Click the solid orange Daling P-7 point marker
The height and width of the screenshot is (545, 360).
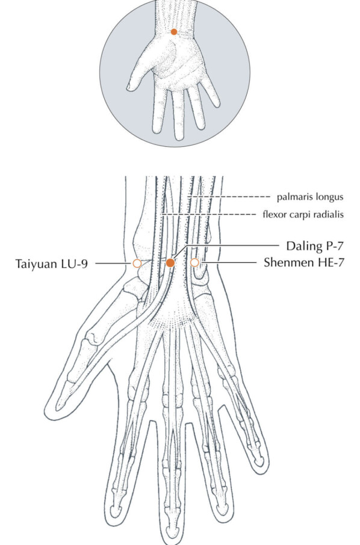click(170, 263)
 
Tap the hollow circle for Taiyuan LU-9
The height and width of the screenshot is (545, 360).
click(137, 263)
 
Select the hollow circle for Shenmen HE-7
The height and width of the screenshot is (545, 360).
click(195, 263)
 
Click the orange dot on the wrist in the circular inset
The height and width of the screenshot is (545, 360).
click(174, 32)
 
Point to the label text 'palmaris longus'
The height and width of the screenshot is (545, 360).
click(310, 197)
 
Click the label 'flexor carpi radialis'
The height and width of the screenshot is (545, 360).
click(303, 215)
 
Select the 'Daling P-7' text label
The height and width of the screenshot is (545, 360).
click(315, 246)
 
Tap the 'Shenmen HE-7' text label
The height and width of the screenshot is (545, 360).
click(304, 262)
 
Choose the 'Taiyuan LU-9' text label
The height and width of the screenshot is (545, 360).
click(52, 264)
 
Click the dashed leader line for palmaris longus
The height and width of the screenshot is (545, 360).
click(229, 197)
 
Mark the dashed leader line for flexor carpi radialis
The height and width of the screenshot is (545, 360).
click(208, 215)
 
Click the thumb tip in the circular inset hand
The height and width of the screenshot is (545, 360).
click(129, 87)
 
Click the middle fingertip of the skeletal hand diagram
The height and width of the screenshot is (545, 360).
click(173, 538)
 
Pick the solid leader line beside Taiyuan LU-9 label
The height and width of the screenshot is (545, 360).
click(111, 263)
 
